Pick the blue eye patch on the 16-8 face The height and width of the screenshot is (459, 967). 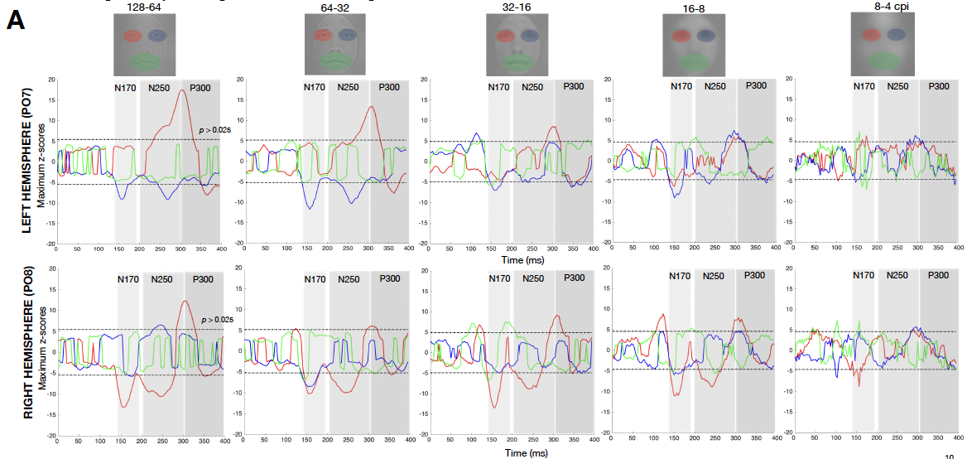tap(706, 36)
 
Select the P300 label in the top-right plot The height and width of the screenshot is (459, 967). tap(938, 86)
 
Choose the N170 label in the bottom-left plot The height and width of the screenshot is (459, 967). tap(128, 278)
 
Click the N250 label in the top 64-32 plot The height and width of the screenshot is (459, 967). tap(346, 86)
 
